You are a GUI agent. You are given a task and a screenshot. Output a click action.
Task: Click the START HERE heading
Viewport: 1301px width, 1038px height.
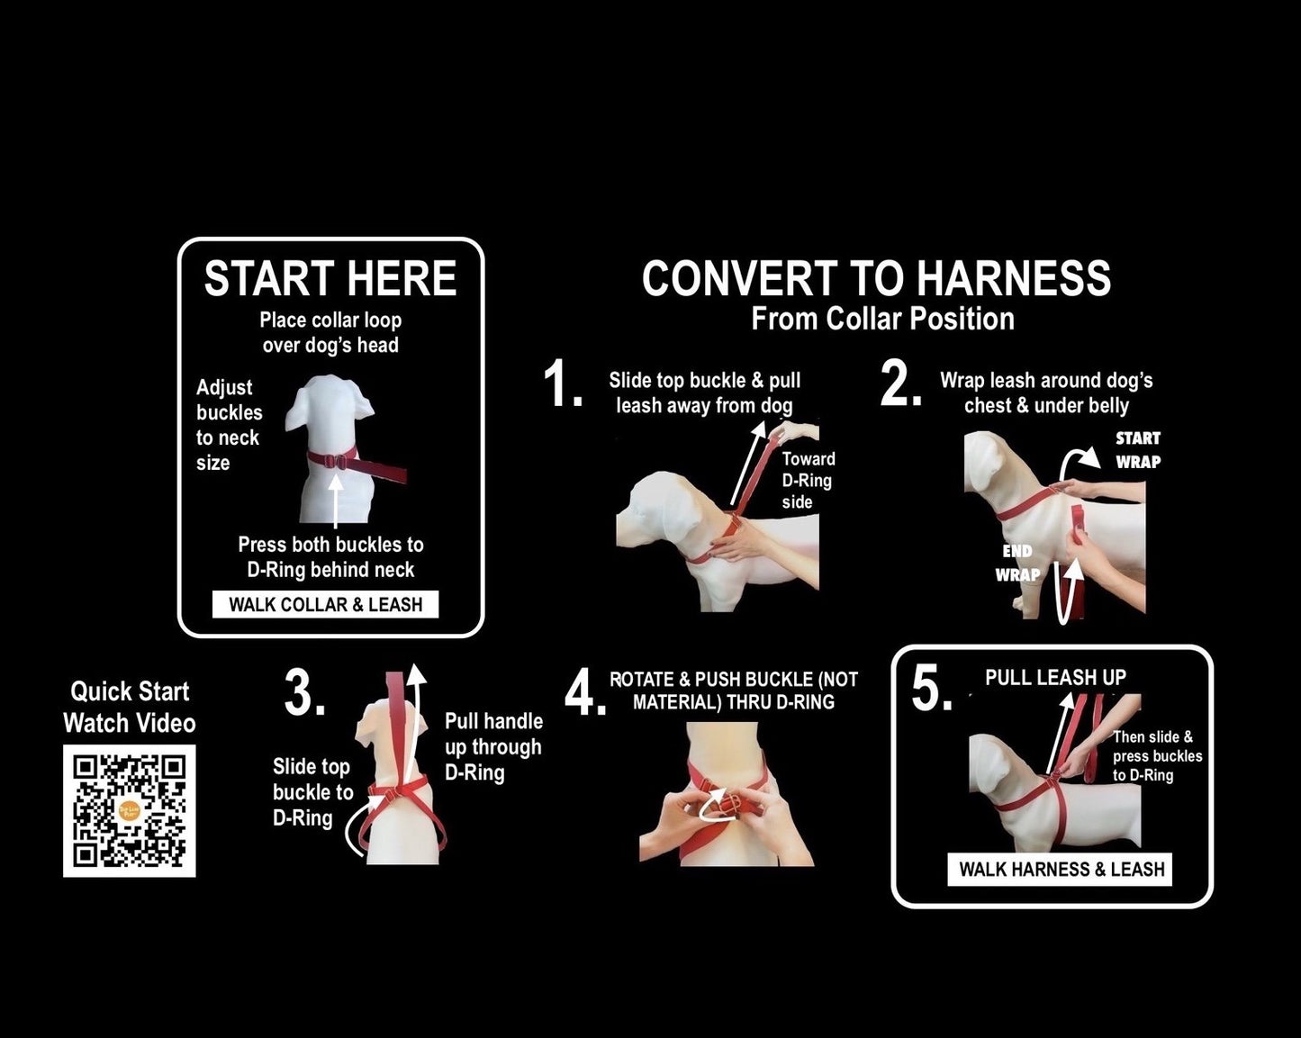[x=330, y=279]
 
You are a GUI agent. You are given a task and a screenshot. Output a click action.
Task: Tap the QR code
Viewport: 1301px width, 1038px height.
[x=130, y=811]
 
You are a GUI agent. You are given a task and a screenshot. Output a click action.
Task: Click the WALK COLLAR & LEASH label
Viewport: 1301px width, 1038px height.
[x=325, y=605]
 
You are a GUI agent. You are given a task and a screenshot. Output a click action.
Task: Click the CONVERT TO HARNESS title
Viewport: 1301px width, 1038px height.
[x=877, y=279]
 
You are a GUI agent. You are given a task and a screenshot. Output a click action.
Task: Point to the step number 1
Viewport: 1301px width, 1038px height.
[x=562, y=384]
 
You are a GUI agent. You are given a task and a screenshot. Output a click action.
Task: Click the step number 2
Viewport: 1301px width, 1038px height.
[x=900, y=384]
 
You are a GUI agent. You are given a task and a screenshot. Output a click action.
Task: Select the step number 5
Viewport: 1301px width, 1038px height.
[x=932, y=688]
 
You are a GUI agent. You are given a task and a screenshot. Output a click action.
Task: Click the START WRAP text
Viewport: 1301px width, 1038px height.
[x=1138, y=450]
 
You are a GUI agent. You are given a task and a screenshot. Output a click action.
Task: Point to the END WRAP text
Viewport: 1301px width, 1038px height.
[x=1018, y=563]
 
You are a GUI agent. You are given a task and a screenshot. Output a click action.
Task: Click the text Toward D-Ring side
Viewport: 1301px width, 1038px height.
[x=809, y=481]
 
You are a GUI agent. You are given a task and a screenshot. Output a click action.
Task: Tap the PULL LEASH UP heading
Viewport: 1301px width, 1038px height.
[x=1055, y=678]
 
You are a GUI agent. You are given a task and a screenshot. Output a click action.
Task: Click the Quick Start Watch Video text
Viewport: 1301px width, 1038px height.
[x=130, y=708]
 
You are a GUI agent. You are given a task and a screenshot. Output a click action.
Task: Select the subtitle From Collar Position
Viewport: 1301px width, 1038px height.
[x=882, y=319]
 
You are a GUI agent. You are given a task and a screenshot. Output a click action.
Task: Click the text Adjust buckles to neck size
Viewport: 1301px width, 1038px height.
[x=229, y=425]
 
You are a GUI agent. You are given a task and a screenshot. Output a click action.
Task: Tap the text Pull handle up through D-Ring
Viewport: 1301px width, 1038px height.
[x=493, y=746]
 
